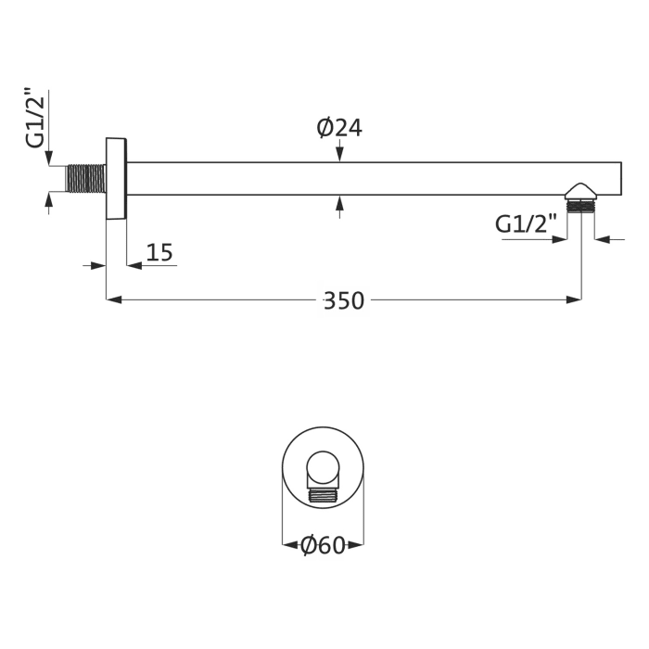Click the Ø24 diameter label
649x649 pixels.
(339, 128)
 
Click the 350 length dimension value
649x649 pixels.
(343, 301)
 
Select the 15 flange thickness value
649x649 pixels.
(159, 252)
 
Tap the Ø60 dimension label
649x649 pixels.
(323, 546)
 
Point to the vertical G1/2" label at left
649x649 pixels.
(35, 117)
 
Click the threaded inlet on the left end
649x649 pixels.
(85, 178)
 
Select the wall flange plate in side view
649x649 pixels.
(116, 178)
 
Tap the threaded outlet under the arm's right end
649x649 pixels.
(581, 207)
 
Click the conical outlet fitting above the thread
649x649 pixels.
(581, 190)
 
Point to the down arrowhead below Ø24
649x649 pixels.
(340, 155)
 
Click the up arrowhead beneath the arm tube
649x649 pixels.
(340, 202)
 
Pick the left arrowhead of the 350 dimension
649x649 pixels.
(114, 299)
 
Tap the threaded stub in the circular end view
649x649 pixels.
(324, 493)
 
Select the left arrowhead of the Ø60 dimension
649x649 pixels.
(288, 545)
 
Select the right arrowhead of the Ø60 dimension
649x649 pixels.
(358, 545)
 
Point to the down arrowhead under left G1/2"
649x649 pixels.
(49, 159)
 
